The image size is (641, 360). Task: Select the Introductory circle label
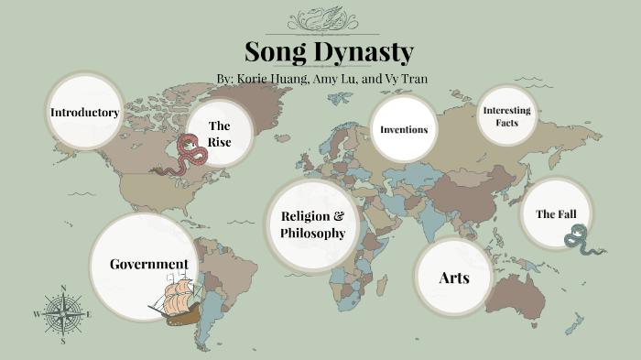click(85, 113)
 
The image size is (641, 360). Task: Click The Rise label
click(219, 134)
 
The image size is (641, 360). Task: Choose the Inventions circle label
click(404, 129)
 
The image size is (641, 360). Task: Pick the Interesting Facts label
click(506, 116)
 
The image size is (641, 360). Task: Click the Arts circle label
click(454, 278)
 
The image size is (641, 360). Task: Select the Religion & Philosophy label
click(313, 225)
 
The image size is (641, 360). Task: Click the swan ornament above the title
click(320, 17)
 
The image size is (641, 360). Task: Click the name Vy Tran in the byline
click(405, 79)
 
